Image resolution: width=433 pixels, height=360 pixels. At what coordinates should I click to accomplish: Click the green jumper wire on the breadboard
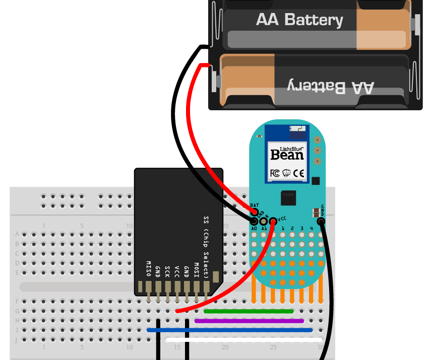click(249, 311)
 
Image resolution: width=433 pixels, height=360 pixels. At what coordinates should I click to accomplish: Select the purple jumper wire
click(249, 320)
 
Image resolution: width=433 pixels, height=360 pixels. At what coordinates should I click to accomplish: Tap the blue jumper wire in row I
click(230, 330)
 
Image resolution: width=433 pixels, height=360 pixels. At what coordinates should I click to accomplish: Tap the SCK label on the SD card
click(167, 271)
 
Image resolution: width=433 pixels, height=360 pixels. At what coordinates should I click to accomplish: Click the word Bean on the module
click(287, 155)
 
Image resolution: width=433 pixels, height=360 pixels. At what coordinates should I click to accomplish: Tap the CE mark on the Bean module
click(299, 173)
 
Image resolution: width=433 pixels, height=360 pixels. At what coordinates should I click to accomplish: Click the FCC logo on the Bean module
click(275, 173)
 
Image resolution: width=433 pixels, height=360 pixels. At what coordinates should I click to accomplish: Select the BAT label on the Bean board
click(255, 205)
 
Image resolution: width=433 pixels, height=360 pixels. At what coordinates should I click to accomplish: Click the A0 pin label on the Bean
click(254, 229)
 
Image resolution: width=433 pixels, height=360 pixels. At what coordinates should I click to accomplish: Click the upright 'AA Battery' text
click(299, 20)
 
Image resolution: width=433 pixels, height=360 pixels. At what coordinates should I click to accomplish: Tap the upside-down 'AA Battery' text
click(331, 86)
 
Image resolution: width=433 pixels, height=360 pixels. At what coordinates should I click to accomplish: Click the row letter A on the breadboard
click(17, 234)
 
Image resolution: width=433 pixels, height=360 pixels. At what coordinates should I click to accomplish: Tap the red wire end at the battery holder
click(204, 65)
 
